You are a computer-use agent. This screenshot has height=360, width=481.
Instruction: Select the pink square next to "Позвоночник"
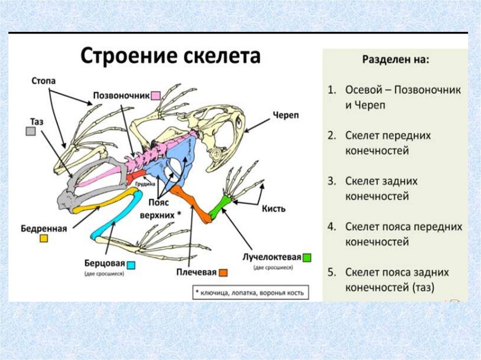pos(156,95)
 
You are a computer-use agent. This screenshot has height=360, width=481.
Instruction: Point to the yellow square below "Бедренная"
pos(44,239)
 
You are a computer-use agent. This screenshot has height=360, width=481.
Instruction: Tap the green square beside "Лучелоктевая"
pos(307,257)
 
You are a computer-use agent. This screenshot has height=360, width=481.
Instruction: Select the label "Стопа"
pos(43,81)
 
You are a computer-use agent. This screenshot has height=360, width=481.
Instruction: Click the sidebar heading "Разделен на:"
pos(395,60)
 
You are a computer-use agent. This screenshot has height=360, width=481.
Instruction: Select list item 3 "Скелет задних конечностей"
pos(381,188)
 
